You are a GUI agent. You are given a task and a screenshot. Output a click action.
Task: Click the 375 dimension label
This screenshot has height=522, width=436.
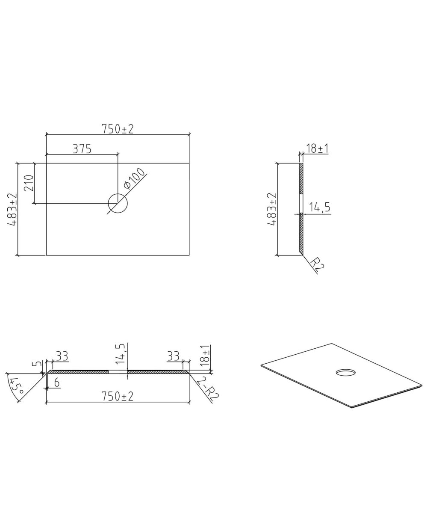[x=82, y=149]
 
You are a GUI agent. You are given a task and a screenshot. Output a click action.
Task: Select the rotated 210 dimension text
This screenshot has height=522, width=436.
[x=29, y=183]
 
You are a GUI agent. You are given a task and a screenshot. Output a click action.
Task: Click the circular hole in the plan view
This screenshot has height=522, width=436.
[x=118, y=203]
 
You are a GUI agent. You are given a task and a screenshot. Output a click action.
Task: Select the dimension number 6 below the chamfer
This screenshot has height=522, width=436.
[x=57, y=383]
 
